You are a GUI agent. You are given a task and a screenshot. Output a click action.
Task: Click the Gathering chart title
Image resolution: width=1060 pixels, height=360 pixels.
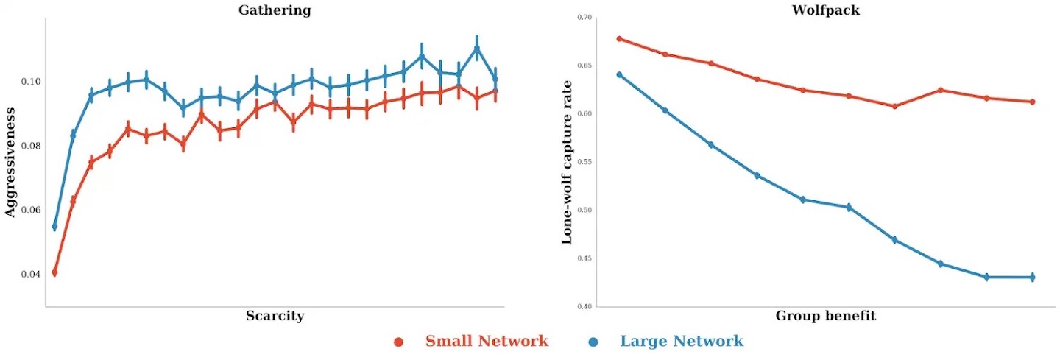click(x=275, y=10)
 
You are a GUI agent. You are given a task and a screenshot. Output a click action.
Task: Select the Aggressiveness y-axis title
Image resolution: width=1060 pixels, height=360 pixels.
click(x=10, y=161)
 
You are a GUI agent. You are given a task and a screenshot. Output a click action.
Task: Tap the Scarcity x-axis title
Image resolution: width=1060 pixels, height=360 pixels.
click(x=275, y=316)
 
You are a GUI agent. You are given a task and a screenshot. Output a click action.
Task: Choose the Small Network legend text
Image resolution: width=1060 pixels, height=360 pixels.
click(x=487, y=341)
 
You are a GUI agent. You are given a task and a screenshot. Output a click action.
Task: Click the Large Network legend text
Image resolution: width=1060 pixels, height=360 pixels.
click(x=682, y=341)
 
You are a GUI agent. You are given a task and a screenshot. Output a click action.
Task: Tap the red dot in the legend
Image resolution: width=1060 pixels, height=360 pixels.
click(x=398, y=342)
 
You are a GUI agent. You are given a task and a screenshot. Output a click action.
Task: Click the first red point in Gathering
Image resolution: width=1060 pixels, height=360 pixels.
click(x=54, y=272)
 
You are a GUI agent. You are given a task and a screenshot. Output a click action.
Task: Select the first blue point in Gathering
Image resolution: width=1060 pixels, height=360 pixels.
click(x=54, y=227)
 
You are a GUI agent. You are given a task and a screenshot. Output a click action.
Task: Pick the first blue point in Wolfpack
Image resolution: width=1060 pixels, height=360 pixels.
click(x=619, y=74)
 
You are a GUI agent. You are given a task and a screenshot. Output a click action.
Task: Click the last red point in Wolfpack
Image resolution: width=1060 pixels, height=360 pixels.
click(x=1032, y=102)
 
